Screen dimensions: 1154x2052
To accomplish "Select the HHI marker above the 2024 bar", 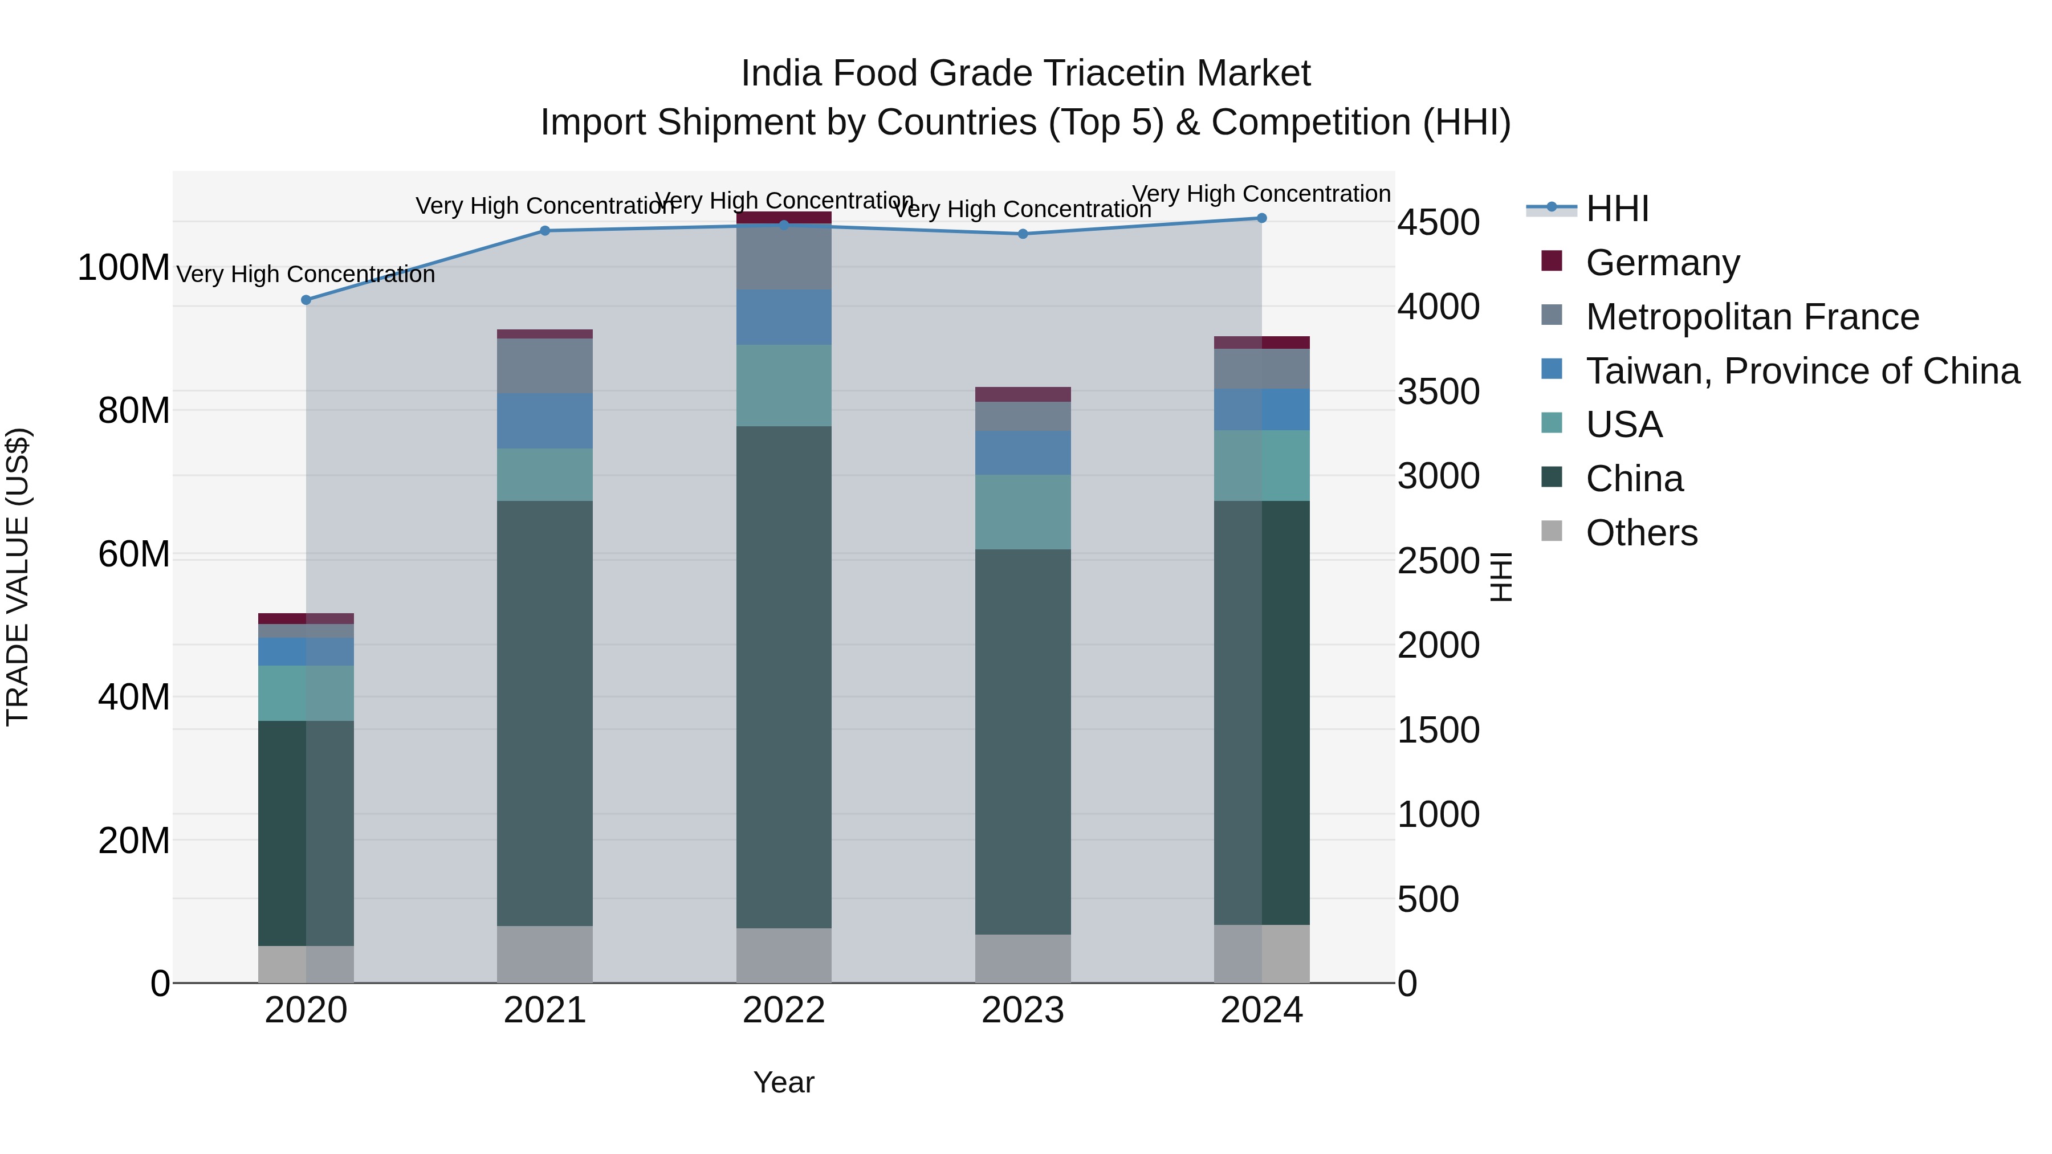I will coord(1261,218).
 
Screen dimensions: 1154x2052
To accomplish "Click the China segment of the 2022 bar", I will coord(784,677).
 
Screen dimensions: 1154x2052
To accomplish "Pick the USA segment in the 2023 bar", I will coord(1023,512).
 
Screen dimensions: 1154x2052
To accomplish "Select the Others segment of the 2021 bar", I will coord(545,954).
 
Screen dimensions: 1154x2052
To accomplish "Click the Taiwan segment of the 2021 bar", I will coord(545,421).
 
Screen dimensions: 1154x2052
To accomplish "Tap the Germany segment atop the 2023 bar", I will coord(1023,394).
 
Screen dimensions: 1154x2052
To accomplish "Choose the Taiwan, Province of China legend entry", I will coord(1802,371).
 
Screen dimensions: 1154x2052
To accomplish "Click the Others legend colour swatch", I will coord(1552,531).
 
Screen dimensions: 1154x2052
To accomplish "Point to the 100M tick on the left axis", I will coord(124,268).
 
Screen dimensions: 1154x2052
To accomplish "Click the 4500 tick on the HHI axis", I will coord(1439,222).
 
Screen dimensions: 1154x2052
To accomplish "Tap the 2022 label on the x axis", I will coord(784,1010).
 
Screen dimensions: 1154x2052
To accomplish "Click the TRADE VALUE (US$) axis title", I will coord(18,577).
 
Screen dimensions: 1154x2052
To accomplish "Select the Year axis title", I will coord(784,1082).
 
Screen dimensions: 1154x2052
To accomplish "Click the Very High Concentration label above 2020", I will coord(306,274).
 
